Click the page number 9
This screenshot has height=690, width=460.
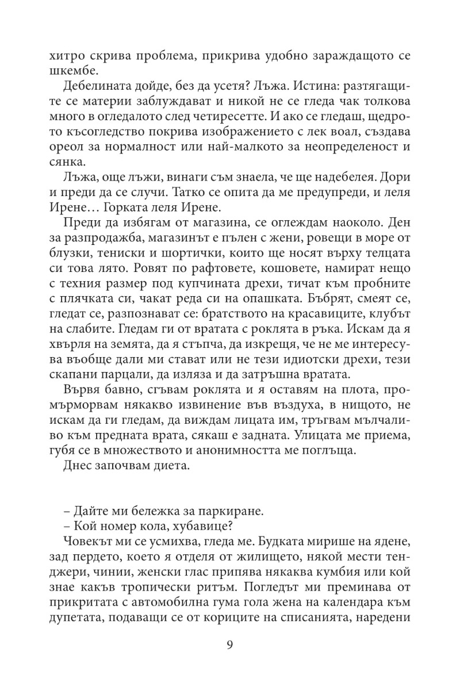230,645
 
